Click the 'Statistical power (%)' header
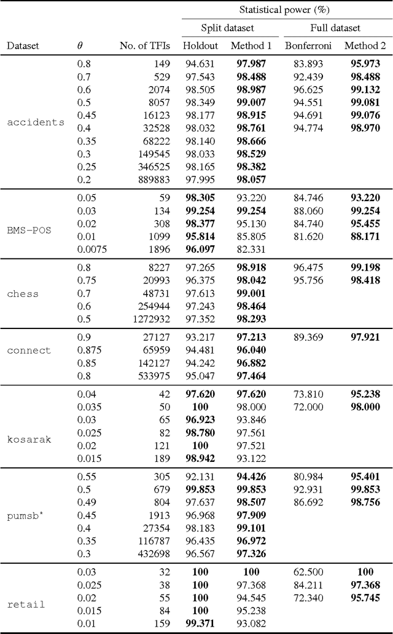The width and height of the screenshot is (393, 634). point(286,9)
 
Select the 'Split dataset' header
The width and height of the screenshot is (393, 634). point(227,28)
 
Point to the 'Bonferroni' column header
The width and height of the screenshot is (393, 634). point(308,46)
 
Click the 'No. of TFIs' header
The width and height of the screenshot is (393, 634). point(144,46)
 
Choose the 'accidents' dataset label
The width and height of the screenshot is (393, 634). point(36,122)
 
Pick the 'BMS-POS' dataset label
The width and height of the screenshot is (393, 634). point(29,231)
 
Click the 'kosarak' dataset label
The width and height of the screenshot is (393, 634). point(29,439)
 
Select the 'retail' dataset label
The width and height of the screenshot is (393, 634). point(26,604)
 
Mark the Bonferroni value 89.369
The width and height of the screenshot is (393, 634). point(306,337)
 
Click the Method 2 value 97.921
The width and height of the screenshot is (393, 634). point(362,337)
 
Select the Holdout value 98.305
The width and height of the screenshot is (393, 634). point(200,198)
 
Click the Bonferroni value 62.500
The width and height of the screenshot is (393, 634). point(306,571)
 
